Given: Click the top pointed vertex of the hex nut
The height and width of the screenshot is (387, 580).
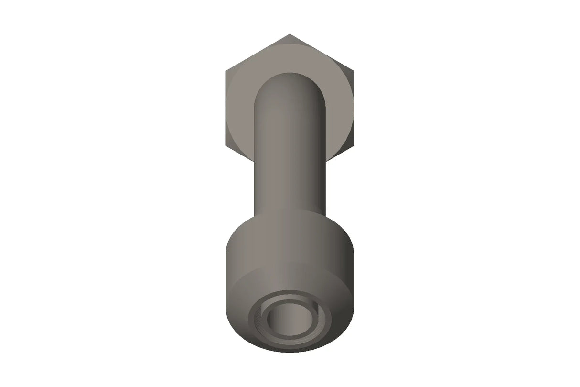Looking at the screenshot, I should [290, 35].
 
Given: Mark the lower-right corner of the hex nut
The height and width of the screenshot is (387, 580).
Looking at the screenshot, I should [354, 145].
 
